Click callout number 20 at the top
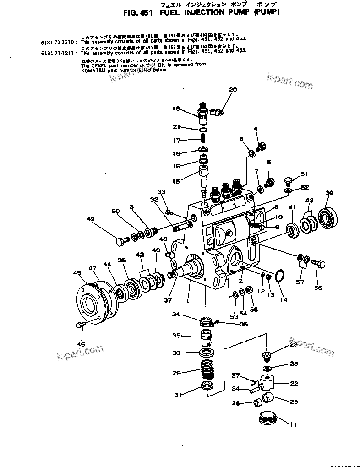pos(233,90)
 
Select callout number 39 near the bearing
pos(329,192)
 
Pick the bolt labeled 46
pos(79,325)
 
